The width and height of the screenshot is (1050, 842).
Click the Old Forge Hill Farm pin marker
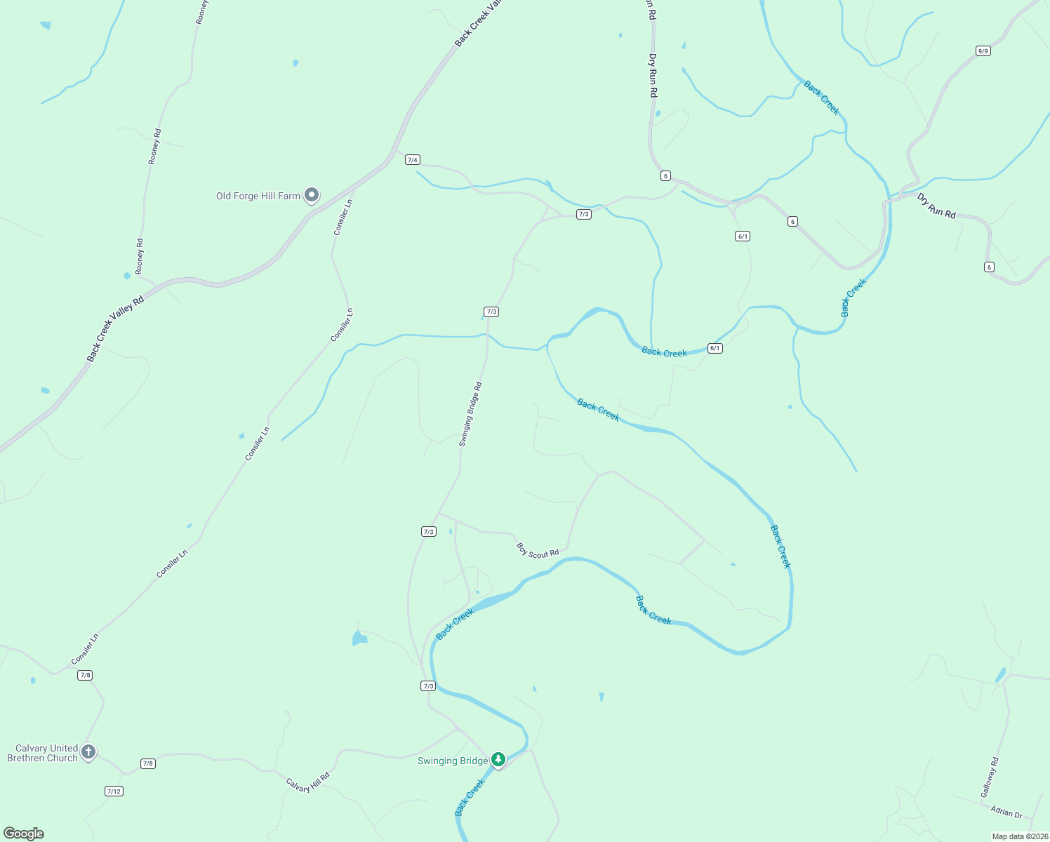click(x=312, y=195)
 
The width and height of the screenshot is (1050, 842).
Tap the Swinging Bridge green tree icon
click(x=498, y=759)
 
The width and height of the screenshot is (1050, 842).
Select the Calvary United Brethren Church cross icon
click(x=88, y=751)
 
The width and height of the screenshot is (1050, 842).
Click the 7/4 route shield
click(x=413, y=160)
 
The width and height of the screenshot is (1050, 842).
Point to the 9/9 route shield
click(x=983, y=51)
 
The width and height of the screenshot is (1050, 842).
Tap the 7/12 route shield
click(x=114, y=791)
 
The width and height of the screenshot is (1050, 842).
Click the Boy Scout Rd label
click(x=538, y=550)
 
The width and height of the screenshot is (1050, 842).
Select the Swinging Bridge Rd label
click(x=470, y=414)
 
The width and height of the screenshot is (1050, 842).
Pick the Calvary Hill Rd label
click(x=307, y=783)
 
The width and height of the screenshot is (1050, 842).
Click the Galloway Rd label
click(x=990, y=777)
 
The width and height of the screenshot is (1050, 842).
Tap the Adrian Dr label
click(x=1006, y=812)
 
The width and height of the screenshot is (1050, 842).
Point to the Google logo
click(x=24, y=834)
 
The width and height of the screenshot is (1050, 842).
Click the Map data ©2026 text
click(x=1018, y=836)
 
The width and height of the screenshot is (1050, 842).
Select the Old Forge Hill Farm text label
click(x=258, y=196)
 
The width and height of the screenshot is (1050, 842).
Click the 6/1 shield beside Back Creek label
click(x=715, y=348)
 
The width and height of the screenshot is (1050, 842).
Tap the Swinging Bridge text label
click(x=453, y=761)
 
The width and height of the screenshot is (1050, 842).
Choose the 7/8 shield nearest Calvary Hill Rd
click(x=147, y=763)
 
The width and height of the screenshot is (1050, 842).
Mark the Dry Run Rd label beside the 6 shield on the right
click(x=936, y=206)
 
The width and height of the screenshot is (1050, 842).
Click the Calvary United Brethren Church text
click(x=42, y=753)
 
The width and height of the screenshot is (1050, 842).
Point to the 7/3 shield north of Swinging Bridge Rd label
click(x=491, y=312)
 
